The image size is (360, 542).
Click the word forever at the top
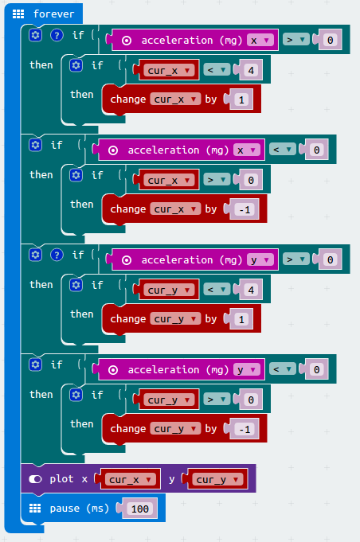click(x=53, y=14)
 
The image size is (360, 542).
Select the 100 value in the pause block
click(x=139, y=509)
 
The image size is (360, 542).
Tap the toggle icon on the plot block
click(x=35, y=479)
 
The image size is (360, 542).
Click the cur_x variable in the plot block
click(x=130, y=479)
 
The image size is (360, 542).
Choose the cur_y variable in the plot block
click(x=217, y=479)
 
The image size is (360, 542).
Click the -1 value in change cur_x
click(x=245, y=209)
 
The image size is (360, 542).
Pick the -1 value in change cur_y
click(x=245, y=429)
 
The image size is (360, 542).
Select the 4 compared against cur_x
click(x=251, y=71)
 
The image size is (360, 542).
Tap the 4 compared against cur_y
click(x=251, y=290)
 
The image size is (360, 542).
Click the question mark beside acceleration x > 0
click(x=57, y=35)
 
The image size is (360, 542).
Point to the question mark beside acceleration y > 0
click(x=57, y=255)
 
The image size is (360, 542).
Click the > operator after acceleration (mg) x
click(x=296, y=40)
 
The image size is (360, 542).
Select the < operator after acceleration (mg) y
click(x=283, y=369)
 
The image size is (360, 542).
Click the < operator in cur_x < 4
click(x=217, y=70)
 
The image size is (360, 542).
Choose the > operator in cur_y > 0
click(x=217, y=400)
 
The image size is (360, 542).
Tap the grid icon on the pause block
click(x=35, y=508)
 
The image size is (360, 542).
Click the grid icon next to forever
click(x=18, y=14)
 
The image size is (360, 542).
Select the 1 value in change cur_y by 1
click(x=241, y=319)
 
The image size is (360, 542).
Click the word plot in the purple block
click(x=61, y=479)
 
